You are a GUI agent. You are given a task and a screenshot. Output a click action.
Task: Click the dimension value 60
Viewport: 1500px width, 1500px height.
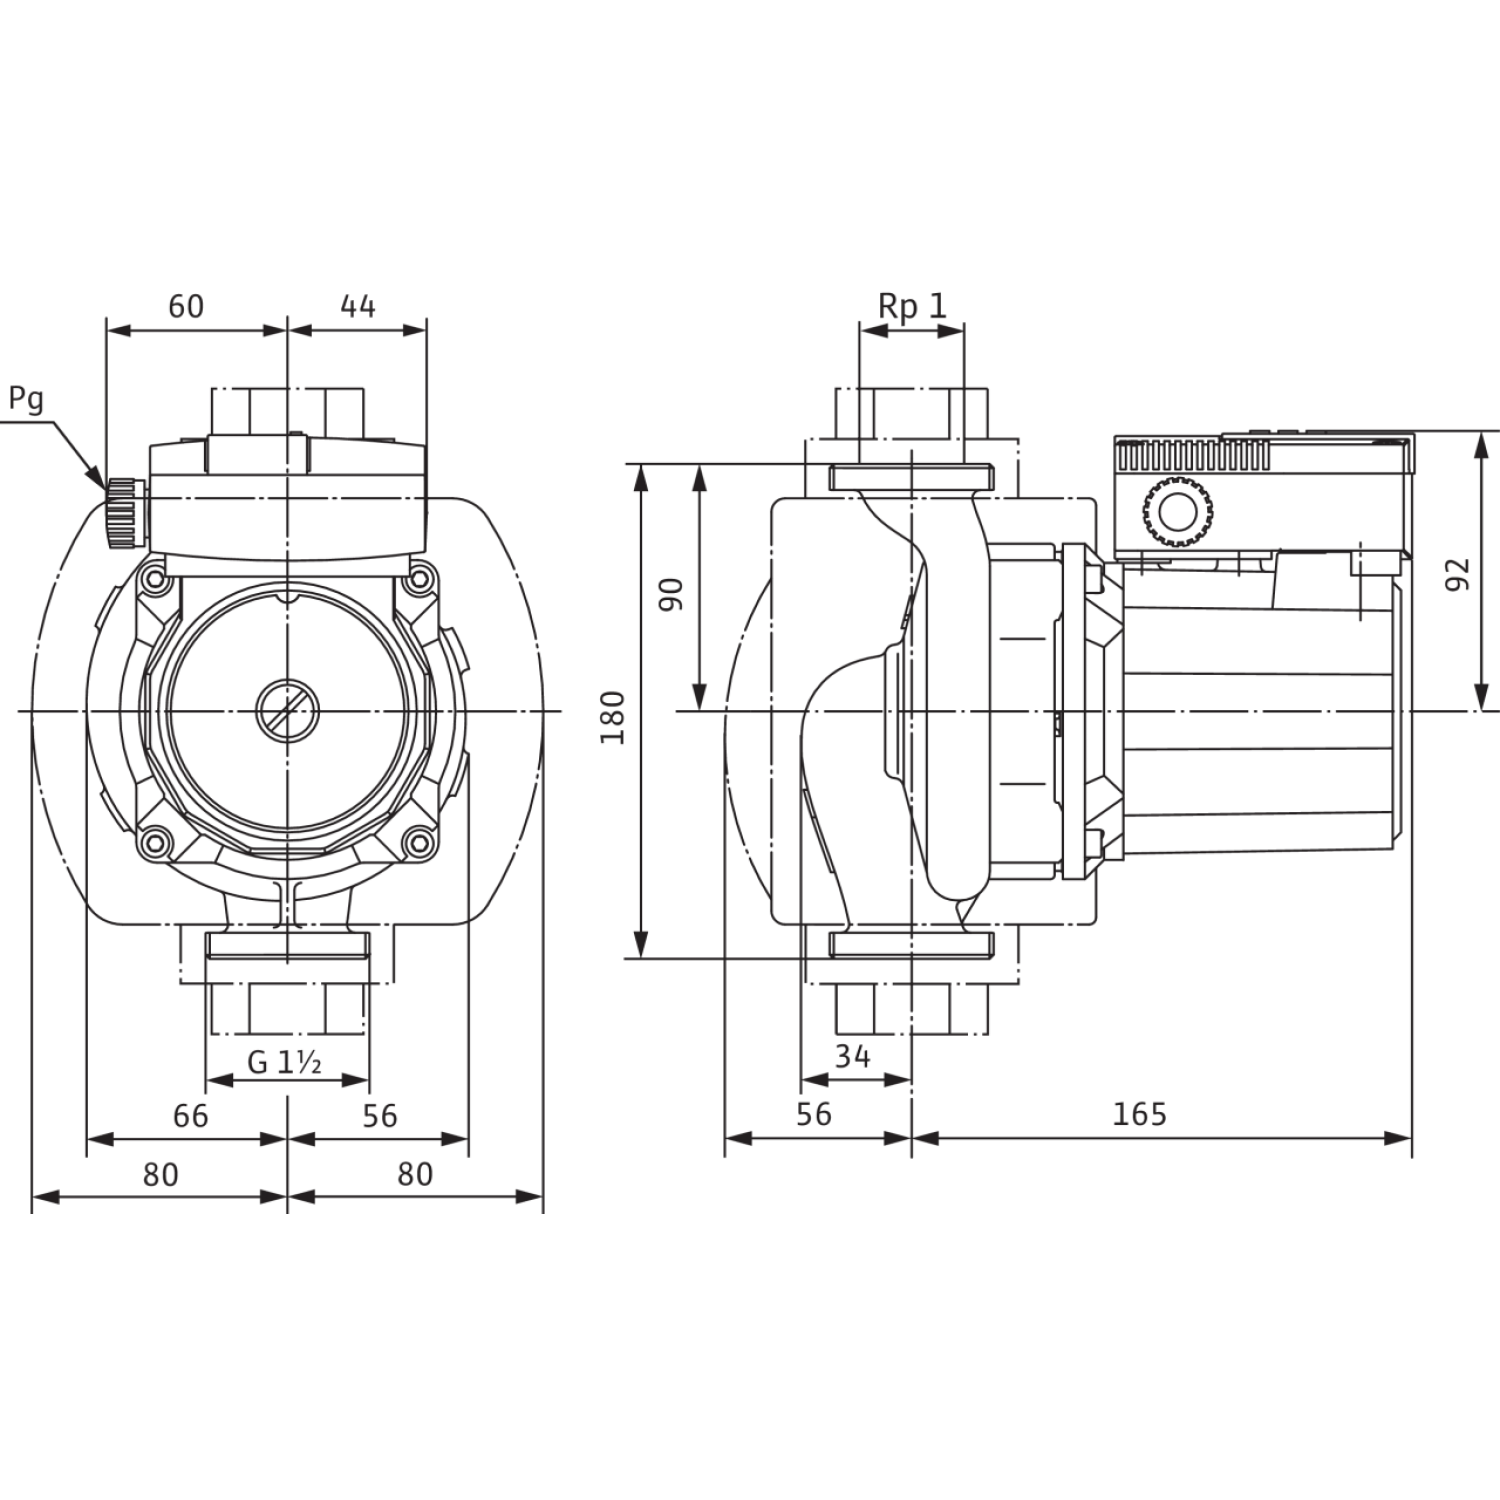coord(185,306)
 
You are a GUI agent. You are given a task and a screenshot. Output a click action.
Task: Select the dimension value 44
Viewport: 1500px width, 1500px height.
coord(358,306)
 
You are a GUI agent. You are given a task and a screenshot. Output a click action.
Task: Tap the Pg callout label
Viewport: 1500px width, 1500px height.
coord(26,398)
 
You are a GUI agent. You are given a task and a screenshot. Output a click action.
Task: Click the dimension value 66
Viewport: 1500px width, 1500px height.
coord(190,1115)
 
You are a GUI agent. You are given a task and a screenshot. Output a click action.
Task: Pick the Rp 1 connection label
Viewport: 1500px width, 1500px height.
coord(912,306)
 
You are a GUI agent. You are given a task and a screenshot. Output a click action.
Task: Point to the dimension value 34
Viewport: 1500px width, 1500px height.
coord(852,1056)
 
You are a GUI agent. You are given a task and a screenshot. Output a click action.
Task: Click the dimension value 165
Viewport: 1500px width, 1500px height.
coord(1140,1114)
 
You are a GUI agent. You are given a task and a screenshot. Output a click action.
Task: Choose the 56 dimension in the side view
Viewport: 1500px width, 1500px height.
coord(815,1114)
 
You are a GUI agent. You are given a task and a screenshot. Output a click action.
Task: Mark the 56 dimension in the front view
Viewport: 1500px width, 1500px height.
coord(380,1115)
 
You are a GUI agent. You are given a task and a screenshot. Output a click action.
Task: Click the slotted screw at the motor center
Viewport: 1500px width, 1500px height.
coord(288,711)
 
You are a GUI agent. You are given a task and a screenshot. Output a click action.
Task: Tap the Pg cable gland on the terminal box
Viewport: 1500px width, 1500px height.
coord(122,511)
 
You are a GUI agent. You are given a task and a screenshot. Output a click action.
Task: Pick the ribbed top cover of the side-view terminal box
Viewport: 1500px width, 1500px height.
coord(1190,456)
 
